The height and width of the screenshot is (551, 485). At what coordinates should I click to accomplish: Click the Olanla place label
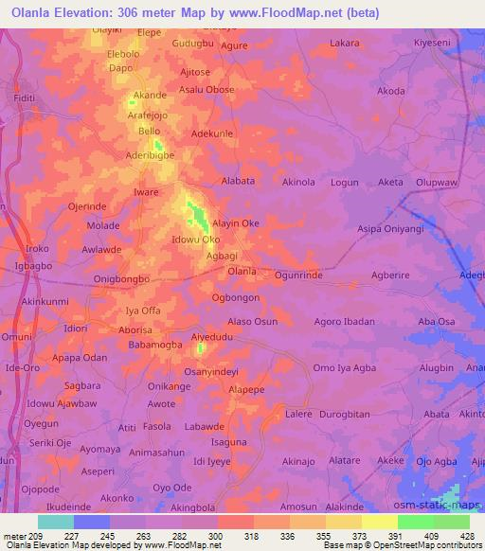[x=242, y=272]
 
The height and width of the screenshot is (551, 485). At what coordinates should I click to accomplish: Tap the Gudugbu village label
[x=193, y=44]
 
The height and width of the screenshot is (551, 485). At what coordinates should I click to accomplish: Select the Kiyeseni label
[x=436, y=44]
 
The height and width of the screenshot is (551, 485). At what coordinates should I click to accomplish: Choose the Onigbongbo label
[x=123, y=279]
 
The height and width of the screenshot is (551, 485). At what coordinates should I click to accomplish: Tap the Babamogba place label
[x=155, y=345]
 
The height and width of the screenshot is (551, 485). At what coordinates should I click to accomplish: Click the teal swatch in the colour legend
[x=56, y=522]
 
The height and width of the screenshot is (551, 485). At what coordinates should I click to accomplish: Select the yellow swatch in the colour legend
[x=380, y=522]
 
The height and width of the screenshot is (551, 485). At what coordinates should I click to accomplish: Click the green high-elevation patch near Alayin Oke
[x=199, y=217]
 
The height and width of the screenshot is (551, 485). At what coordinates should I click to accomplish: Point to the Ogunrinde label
[x=298, y=274]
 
